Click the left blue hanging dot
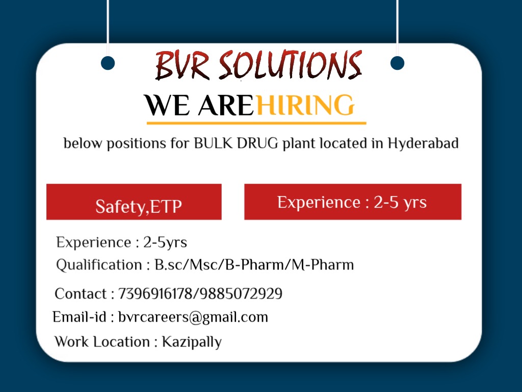(x=108, y=63)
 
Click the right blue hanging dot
(x=397, y=63)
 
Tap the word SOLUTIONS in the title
(x=290, y=65)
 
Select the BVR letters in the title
(x=182, y=65)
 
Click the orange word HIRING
(x=305, y=105)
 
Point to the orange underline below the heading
(x=256, y=124)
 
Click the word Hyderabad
(x=423, y=143)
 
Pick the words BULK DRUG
(x=236, y=143)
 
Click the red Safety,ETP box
(x=134, y=202)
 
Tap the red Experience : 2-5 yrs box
(x=353, y=202)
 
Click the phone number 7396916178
(x=155, y=293)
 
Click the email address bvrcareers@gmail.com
(x=193, y=317)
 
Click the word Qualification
(x=99, y=265)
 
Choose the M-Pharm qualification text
(x=323, y=265)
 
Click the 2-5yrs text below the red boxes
(x=165, y=242)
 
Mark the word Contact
(x=81, y=293)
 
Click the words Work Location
(x=102, y=341)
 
